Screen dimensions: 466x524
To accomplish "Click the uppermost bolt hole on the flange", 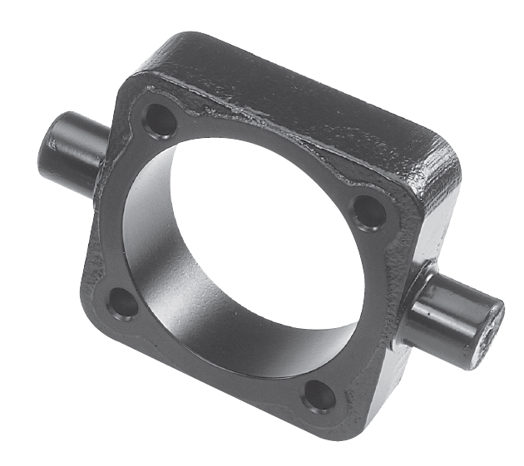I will coord(160,122).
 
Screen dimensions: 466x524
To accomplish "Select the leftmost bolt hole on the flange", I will coord(124,303).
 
